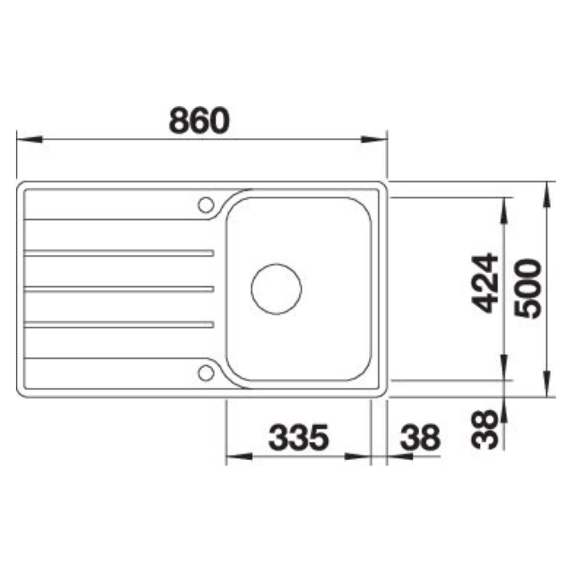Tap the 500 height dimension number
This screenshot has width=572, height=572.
click(528, 288)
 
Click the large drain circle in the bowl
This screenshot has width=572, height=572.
click(276, 289)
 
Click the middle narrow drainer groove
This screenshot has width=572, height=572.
click(118, 289)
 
